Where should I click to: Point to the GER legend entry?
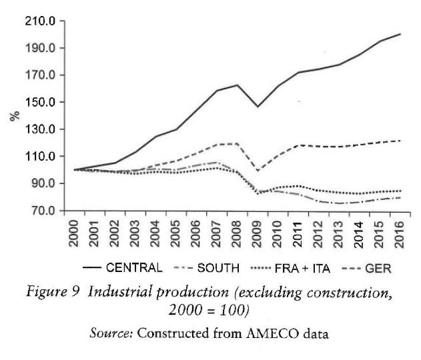tap(376, 268)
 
